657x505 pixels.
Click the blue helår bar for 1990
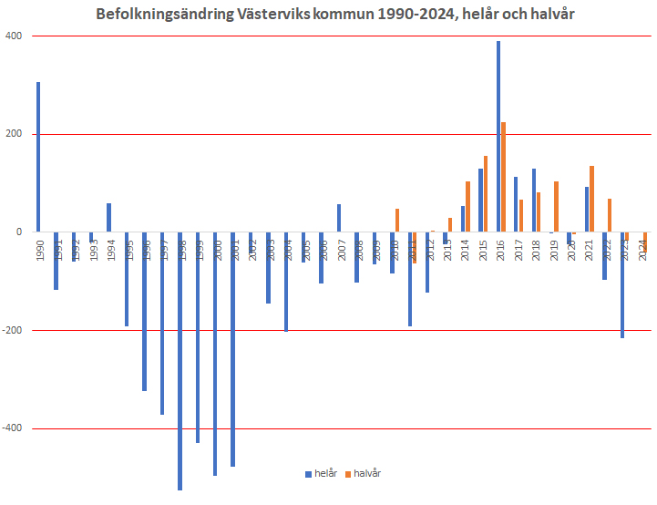38,157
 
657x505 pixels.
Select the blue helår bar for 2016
498,137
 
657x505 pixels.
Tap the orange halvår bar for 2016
504,177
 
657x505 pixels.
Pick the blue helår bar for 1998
180,361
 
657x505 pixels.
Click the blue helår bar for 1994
109,218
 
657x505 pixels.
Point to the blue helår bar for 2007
339,218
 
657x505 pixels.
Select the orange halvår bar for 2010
397,221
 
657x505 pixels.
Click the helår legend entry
322,473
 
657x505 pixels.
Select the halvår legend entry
366,473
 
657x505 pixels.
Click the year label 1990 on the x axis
40,252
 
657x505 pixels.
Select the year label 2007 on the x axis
341,252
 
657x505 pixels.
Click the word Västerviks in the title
274,15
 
